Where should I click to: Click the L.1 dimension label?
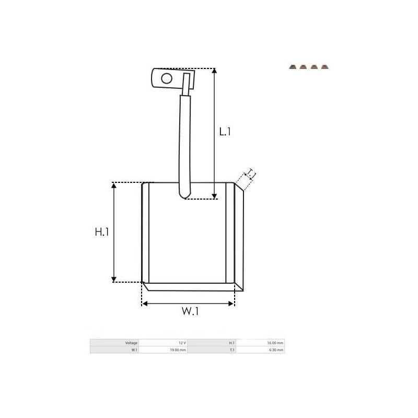click(x=224, y=132)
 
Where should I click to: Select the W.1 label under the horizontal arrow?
click(x=190, y=312)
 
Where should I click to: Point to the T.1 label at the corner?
click(x=250, y=174)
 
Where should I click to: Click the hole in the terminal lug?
click(x=166, y=79)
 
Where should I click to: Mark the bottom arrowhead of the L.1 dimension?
click(x=214, y=196)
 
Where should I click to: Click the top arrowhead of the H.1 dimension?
click(x=114, y=185)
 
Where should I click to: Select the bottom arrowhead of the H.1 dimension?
click(x=114, y=279)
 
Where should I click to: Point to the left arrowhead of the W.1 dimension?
click(x=145, y=303)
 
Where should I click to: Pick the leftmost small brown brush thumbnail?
click(x=292, y=67)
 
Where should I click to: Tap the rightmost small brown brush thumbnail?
click(x=325, y=67)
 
